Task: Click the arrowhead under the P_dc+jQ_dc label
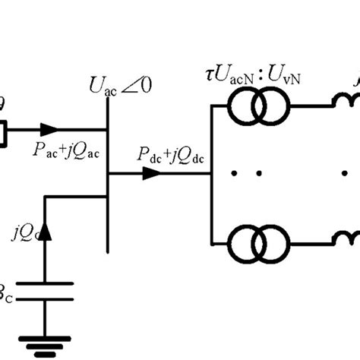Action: point(151,173)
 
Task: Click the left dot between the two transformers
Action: point(235,174)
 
